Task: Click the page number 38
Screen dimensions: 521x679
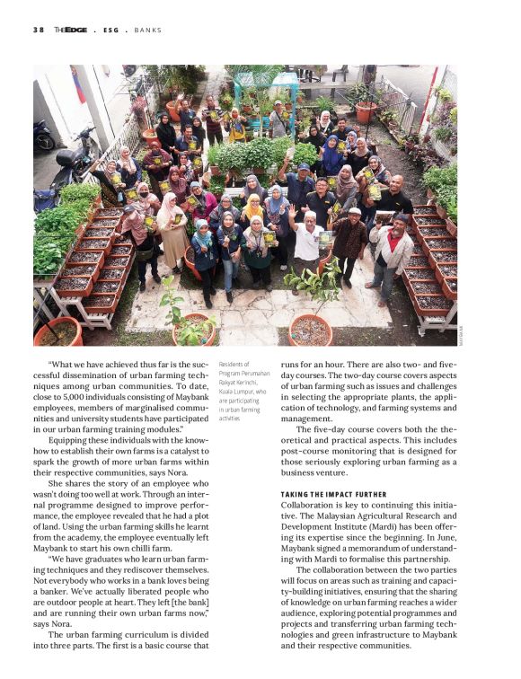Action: point(38,30)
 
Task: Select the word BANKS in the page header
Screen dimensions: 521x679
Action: point(148,30)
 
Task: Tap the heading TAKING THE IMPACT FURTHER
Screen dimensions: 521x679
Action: point(333,494)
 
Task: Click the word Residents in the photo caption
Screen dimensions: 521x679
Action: point(233,365)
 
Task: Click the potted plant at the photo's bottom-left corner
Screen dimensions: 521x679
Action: point(58,332)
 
